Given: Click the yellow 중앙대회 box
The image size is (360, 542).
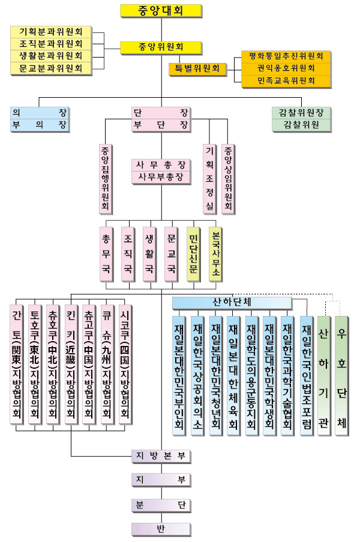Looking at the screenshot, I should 160,10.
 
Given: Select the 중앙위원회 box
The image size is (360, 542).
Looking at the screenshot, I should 160,47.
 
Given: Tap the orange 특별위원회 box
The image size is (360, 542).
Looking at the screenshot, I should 198,69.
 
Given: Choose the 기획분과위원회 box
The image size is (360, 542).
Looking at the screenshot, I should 51,31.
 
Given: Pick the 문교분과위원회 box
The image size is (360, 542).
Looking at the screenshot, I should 51,68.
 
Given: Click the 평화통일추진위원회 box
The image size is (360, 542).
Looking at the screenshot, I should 286,56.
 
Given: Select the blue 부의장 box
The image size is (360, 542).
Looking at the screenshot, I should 40,125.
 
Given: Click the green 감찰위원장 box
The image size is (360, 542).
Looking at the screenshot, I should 301,112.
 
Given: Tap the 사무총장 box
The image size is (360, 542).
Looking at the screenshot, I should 160,164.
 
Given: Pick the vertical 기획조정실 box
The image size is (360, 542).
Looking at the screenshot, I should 210,179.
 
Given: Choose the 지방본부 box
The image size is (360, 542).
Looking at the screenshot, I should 160,456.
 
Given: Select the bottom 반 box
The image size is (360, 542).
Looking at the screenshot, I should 160,528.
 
